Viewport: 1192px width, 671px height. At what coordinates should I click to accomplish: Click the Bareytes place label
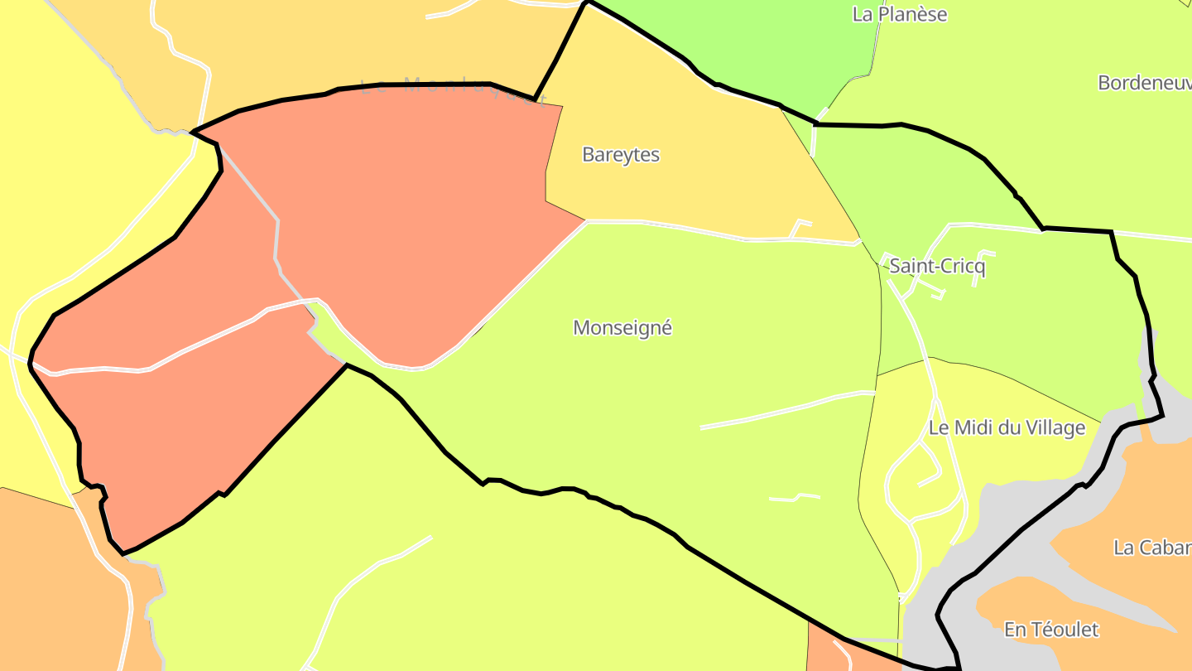tap(621, 155)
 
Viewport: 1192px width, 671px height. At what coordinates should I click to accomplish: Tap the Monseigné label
tap(622, 328)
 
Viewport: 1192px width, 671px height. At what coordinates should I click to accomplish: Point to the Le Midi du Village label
tap(1007, 428)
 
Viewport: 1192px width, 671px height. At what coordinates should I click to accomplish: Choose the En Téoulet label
tap(1051, 630)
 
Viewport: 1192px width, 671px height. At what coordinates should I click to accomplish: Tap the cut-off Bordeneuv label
tap(1144, 83)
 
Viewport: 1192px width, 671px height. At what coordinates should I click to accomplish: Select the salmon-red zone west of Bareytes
tap(397, 207)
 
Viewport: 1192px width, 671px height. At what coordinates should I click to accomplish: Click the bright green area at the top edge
tap(745, 41)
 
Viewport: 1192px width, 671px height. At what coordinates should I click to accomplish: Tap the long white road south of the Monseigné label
tap(786, 410)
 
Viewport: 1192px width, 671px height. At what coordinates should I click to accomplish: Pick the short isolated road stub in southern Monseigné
tap(795, 498)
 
